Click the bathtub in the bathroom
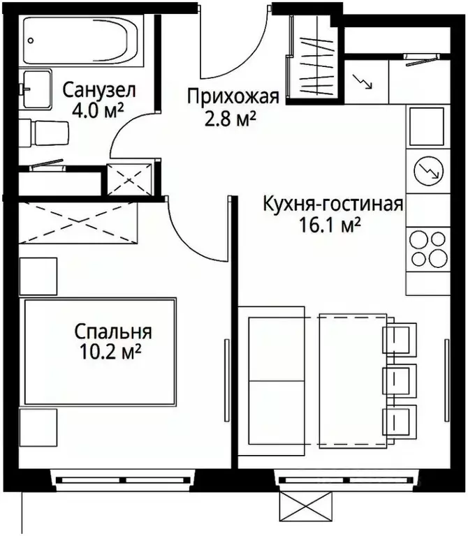point(82,41)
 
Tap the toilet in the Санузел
point(46,132)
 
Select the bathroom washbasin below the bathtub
point(35,89)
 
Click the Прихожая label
point(233,98)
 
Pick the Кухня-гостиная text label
point(333,204)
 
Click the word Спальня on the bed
point(113,333)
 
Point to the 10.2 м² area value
point(112,352)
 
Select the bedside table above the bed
point(38,276)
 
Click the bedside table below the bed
point(38,429)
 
